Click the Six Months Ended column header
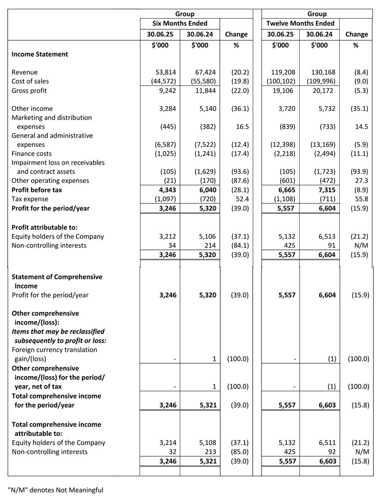pyautogui.click(x=180, y=23)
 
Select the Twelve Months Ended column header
pyautogui.click(x=301, y=23)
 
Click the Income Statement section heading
pyautogui.click(x=40, y=54)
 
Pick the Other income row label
pyautogui.click(x=33, y=109)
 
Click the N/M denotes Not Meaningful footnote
pyautogui.click(x=55, y=490)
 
